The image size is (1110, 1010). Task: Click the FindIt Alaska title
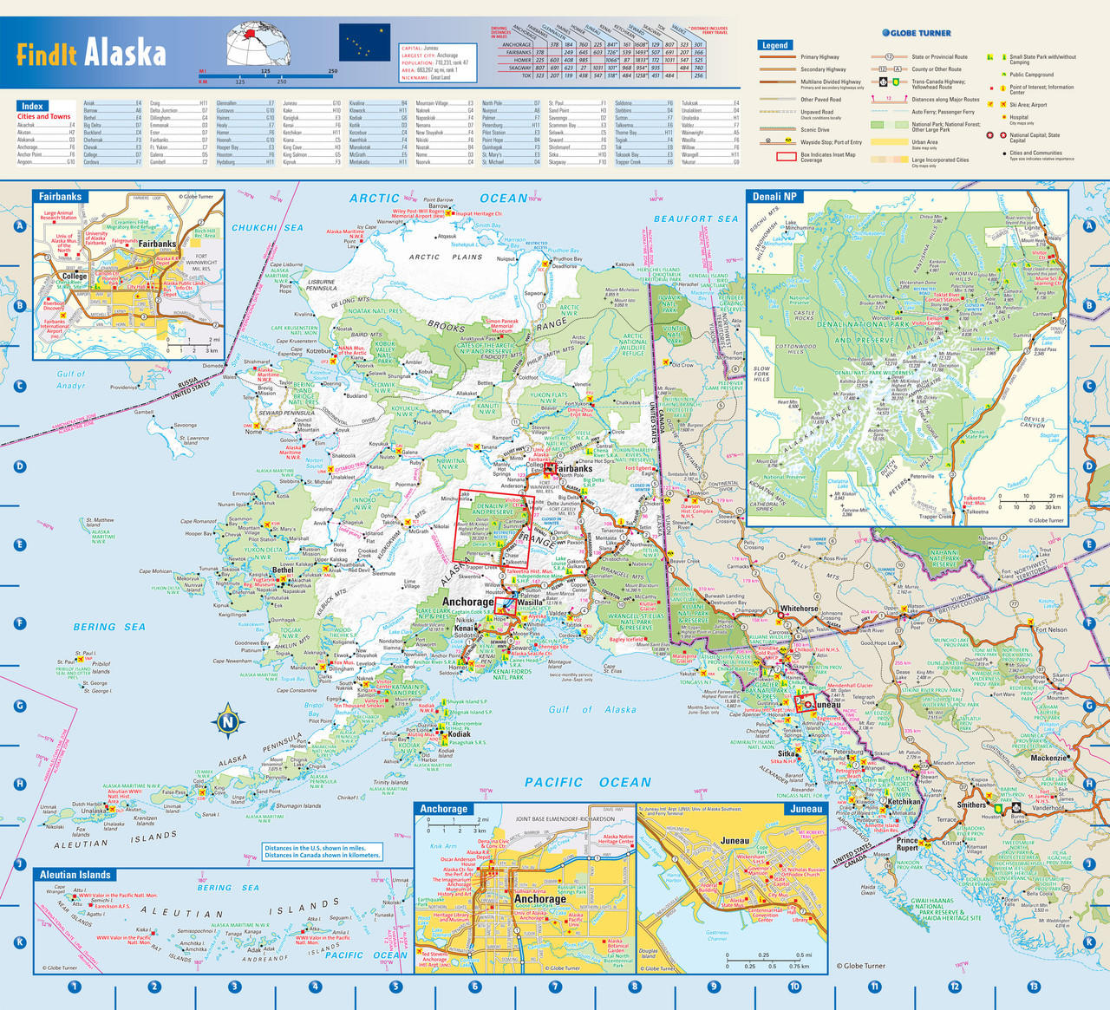91,52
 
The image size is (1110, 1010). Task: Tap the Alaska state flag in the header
364,42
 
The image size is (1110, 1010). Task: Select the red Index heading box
32,106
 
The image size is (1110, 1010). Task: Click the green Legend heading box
774,45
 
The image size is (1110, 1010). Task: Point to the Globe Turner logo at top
916,33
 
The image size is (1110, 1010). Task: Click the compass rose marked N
227,721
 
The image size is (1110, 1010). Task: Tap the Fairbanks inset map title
60,197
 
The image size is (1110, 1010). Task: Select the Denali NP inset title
774,197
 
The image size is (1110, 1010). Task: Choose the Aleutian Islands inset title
75,875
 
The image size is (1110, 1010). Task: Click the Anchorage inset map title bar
444,809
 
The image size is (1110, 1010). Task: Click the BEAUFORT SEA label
695,219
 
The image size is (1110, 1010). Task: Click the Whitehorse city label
799,609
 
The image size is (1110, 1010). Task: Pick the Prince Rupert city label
907,844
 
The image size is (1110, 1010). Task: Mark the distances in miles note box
323,851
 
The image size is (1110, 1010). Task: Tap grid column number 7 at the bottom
555,987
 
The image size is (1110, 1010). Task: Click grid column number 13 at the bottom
1033,987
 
